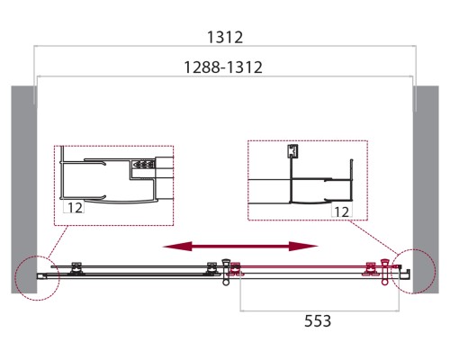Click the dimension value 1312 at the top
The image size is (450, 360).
coord(225,38)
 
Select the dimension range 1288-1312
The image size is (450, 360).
coord(223,67)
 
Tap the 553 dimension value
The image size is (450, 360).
coord(318,320)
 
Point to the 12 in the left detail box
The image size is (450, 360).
coord(75,208)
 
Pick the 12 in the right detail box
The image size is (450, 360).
coord(341,211)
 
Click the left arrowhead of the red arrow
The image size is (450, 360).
coord(177,247)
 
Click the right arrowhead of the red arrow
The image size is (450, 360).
coord(303,247)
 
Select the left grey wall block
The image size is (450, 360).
coord(24,190)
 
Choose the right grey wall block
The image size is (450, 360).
coord(426,190)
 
